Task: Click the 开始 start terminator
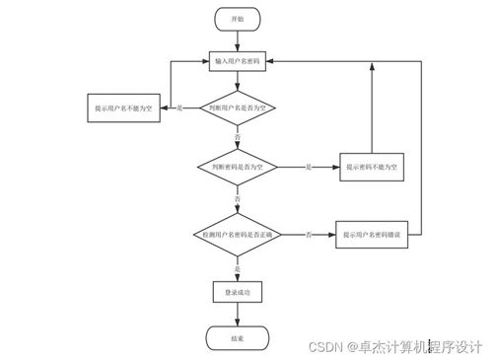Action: point(237,19)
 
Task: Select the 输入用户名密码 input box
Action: point(237,61)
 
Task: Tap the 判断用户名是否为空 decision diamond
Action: point(237,107)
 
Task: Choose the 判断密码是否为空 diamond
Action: point(237,168)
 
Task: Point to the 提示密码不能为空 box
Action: point(372,168)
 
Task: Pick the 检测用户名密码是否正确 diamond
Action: point(237,235)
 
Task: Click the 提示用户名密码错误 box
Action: point(372,235)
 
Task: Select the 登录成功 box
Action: point(237,292)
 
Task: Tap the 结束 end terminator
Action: point(237,337)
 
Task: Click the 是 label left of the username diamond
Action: point(178,107)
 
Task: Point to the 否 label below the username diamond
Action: point(237,135)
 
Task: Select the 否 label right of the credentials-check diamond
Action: point(309,235)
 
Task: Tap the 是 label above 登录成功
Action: point(237,268)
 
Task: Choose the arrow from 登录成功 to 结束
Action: point(237,314)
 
